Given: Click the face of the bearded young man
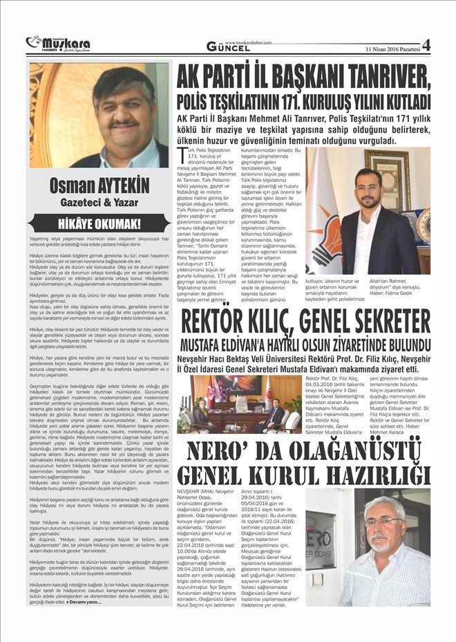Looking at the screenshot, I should tap(370, 186).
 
